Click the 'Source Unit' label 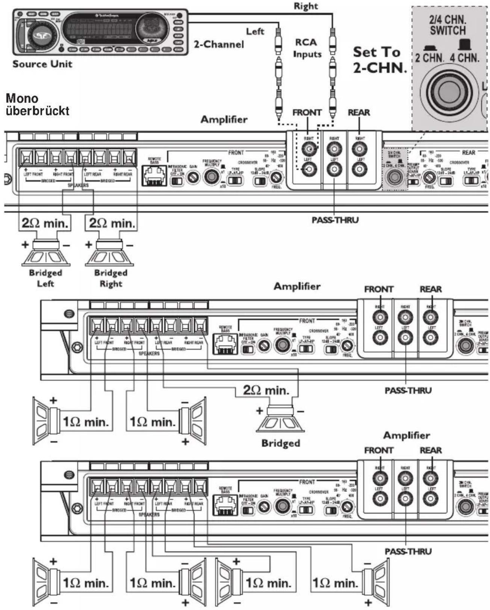[42, 64]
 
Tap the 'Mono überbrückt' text [37, 105]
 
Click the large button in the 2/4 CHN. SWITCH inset [449, 92]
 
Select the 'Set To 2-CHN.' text [379, 59]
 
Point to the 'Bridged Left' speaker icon [45, 253]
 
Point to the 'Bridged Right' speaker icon [109, 253]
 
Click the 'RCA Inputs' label [307, 48]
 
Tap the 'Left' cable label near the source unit [255, 32]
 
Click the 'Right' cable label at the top [305, 6]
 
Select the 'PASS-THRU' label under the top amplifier [335, 220]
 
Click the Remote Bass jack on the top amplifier [154, 175]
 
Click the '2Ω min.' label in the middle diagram [266, 390]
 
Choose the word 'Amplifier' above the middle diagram [297, 286]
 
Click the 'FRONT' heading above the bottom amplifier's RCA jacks [378, 450]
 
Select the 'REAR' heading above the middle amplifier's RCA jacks [431, 289]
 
